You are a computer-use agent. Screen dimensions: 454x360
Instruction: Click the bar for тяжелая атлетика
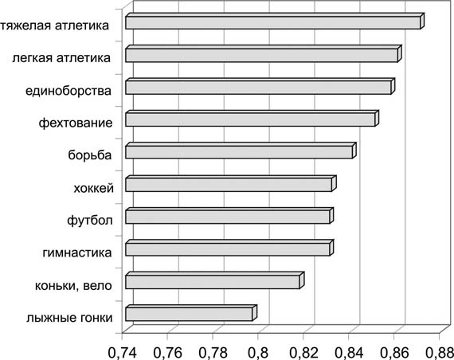(x=275, y=22)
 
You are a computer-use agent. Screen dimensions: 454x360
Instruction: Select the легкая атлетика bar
(x=264, y=54)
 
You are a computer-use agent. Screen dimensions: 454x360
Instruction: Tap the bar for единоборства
(x=260, y=86)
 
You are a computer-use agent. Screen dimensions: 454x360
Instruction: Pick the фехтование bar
(x=252, y=119)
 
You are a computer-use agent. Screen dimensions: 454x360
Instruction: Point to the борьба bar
(x=241, y=151)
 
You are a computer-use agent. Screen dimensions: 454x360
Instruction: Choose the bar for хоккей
(x=231, y=184)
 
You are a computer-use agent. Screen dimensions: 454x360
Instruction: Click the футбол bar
(x=229, y=216)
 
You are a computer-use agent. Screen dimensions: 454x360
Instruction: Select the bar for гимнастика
(x=229, y=248)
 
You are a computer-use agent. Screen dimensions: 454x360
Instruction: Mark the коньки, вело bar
(x=215, y=280)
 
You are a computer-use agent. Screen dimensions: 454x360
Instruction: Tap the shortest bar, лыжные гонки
(x=191, y=313)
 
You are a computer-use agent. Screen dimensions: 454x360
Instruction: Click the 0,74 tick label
(x=122, y=353)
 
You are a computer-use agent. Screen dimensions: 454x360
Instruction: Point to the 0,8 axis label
(x=258, y=353)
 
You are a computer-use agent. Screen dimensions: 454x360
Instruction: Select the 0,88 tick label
(x=440, y=353)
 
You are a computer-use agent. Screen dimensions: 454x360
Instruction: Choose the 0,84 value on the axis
(x=349, y=353)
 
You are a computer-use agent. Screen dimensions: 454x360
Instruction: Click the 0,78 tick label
(x=213, y=353)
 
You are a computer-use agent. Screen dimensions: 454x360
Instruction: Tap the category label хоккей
(x=93, y=189)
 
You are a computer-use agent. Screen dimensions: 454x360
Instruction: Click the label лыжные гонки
(x=69, y=318)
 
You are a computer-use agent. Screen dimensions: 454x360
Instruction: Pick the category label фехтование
(x=76, y=123)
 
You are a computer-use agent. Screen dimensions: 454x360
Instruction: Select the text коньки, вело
(x=73, y=286)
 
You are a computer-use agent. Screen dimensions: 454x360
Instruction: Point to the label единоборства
(x=68, y=91)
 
